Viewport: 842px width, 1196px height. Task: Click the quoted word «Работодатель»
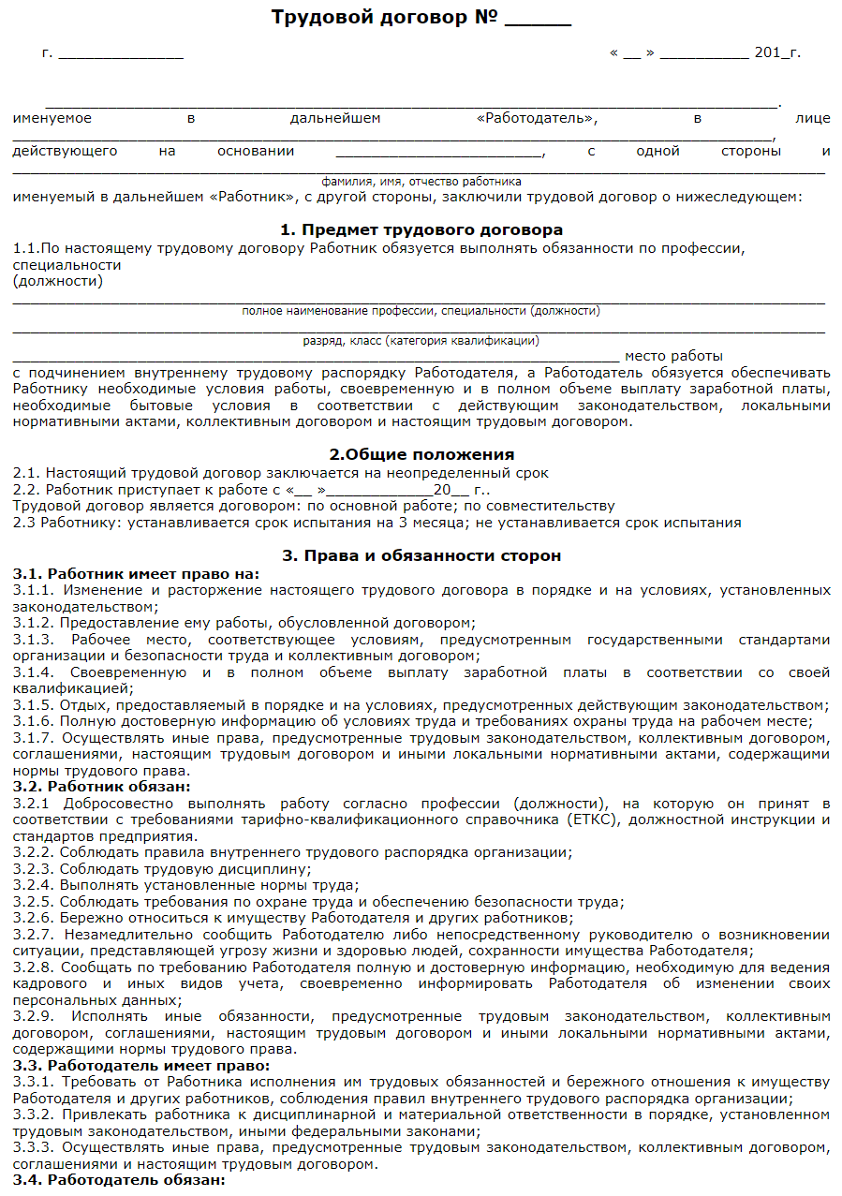537,119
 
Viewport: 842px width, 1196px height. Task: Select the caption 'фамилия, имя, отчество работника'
421,182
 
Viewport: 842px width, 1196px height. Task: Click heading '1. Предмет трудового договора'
421,229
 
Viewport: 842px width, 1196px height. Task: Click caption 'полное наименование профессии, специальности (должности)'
421,311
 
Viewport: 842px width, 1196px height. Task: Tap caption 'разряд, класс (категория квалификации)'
421,342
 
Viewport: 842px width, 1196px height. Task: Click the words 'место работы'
673,357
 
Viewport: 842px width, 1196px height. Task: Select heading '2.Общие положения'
421,454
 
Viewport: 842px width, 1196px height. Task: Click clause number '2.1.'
27,474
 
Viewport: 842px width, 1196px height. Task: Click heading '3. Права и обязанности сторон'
421,555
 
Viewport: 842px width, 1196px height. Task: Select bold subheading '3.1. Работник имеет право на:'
137,573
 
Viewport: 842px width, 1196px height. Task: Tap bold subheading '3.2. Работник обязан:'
102,787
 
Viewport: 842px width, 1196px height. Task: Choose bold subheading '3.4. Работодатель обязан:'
120,1180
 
